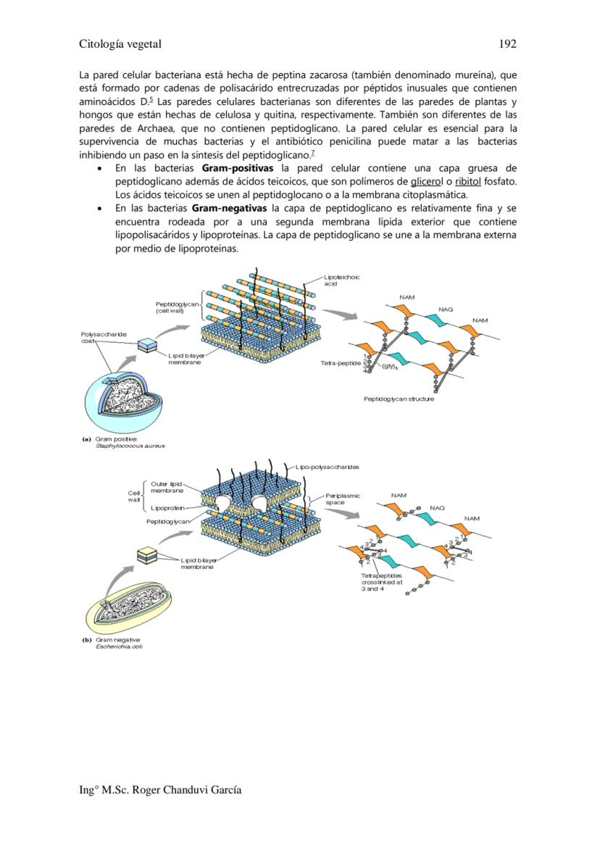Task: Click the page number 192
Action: (507, 44)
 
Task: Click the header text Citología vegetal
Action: (120, 44)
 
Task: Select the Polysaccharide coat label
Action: (103, 337)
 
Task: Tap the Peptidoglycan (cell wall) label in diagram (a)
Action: (174, 307)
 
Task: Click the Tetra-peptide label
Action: (341, 362)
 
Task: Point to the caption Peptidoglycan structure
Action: (399, 399)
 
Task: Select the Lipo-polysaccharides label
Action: (327, 467)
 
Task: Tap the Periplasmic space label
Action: (342, 499)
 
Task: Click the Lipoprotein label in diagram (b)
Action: (167, 508)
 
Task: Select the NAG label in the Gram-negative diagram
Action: (436, 508)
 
